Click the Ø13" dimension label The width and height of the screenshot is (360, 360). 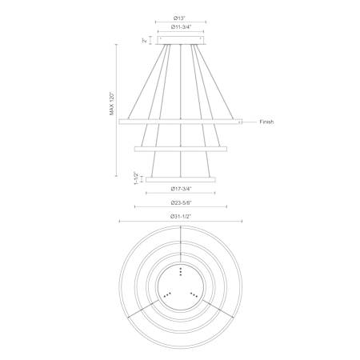[x=179, y=18]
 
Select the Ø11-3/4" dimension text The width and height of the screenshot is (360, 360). [x=181, y=27]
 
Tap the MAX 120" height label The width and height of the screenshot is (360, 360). [x=112, y=103]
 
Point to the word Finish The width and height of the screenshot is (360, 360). [x=266, y=122]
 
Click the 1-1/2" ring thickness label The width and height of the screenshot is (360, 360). [x=136, y=178]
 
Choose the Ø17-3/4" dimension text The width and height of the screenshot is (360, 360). [x=181, y=189]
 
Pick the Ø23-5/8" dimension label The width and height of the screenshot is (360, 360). [x=181, y=202]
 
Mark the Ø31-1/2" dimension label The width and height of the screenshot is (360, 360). [x=181, y=217]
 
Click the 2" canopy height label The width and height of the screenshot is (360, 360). [x=144, y=41]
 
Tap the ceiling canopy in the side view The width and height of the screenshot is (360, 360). [x=181, y=40]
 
